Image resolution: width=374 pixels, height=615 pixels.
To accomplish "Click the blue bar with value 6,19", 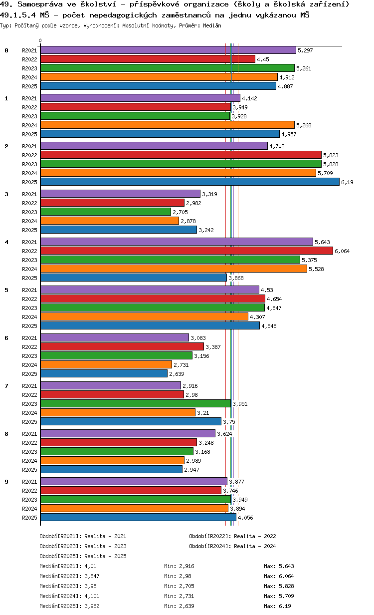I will pyautogui.click(x=189, y=182).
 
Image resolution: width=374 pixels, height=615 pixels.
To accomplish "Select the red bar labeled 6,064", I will pyautogui.click(x=187, y=251).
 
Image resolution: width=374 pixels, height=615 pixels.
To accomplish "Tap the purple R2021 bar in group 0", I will pyautogui.click(x=168, y=50).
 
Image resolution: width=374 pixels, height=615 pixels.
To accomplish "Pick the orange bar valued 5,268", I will pyautogui.click(x=167, y=125).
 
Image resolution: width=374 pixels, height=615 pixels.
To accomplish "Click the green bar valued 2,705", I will pyautogui.click(x=106, y=212).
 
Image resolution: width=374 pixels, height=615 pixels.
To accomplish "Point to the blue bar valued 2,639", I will pyautogui.click(x=104, y=374).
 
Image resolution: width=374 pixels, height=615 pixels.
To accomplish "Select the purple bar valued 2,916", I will pyautogui.click(x=110, y=386).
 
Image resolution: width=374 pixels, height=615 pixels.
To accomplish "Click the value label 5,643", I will pyautogui.click(x=322, y=242).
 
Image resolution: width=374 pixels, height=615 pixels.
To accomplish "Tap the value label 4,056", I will pyautogui.click(x=245, y=518).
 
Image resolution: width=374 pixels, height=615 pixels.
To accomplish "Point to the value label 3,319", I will pyautogui.click(x=209, y=194).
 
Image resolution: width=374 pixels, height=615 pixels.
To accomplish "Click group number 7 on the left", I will pyautogui.click(x=6, y=386).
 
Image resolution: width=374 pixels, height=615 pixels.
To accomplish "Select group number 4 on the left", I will pyautogui.click(x=6, y=242).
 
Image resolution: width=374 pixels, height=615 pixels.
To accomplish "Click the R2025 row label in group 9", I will pyautogui.click(x=29, y=518).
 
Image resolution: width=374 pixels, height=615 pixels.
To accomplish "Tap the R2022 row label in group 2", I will pyautogui.click(x=29, y=155).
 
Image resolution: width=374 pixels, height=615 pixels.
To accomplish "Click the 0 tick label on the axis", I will pyautogui.click(x=40, y=41).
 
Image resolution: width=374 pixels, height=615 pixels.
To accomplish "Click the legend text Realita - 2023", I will pyautogui.click(x=105, y=546).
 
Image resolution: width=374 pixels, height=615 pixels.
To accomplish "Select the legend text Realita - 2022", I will pyautogui.click(x=255, y=536).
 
